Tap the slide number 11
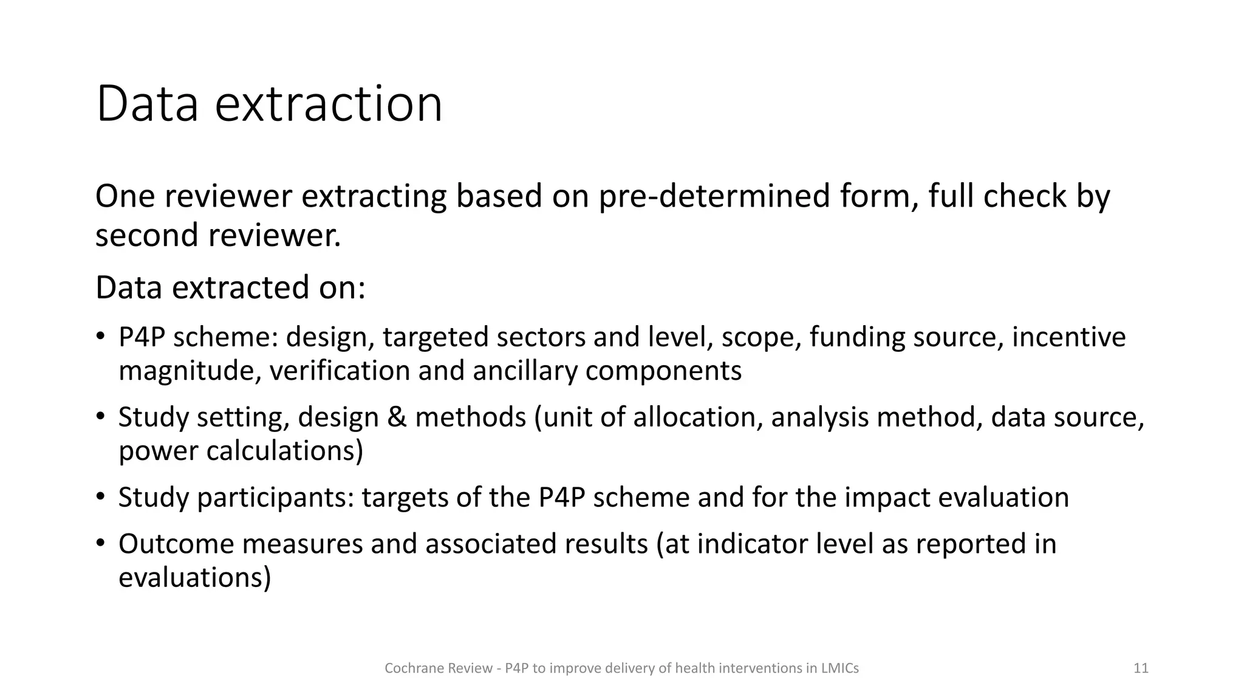pyautogui.click(x=1141, y=668)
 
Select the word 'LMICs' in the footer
pyautogui.click(x=840, y=668)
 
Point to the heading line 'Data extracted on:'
pyautogui.click(x=230, y=288)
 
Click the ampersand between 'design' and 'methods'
pyautogui.click(x=396, y=417)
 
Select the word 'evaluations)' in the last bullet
pyautogui.click(x=194, y=578)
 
